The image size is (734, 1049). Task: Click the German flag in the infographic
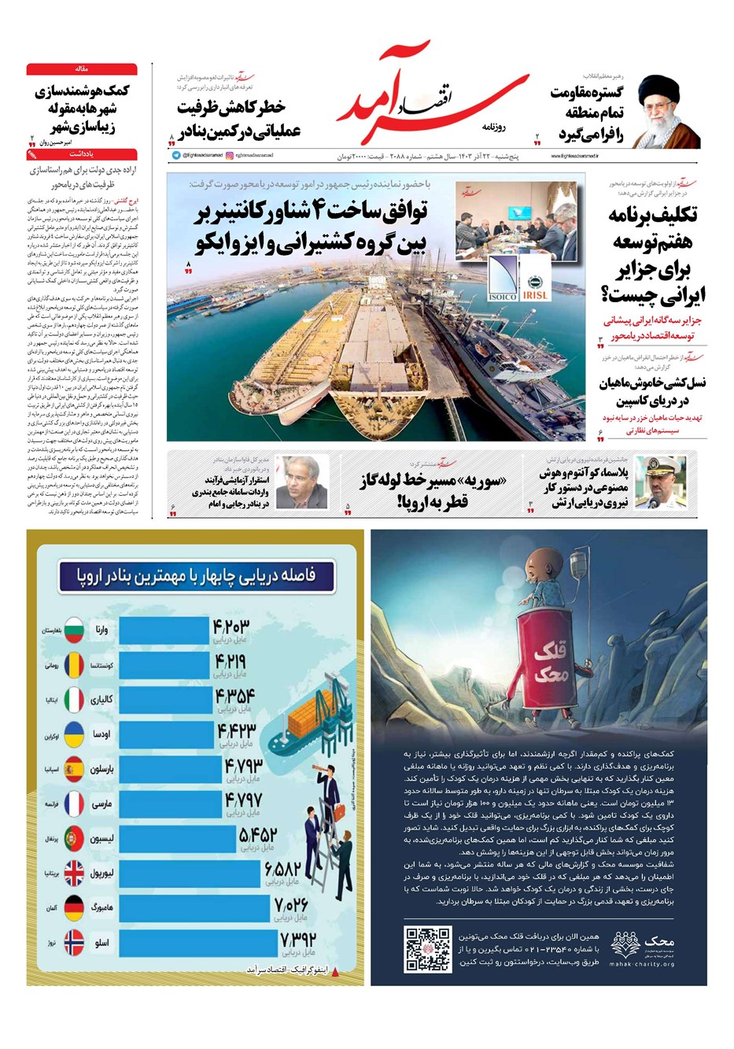point(75,907)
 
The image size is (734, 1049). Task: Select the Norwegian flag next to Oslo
point(75,942)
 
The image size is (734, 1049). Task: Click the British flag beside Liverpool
point(75,873)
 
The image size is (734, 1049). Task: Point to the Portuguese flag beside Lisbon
point(75,838)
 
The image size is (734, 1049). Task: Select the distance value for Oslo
point(297,940)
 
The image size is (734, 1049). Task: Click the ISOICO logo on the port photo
point(503,279)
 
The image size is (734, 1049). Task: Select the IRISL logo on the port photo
point(535,279)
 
